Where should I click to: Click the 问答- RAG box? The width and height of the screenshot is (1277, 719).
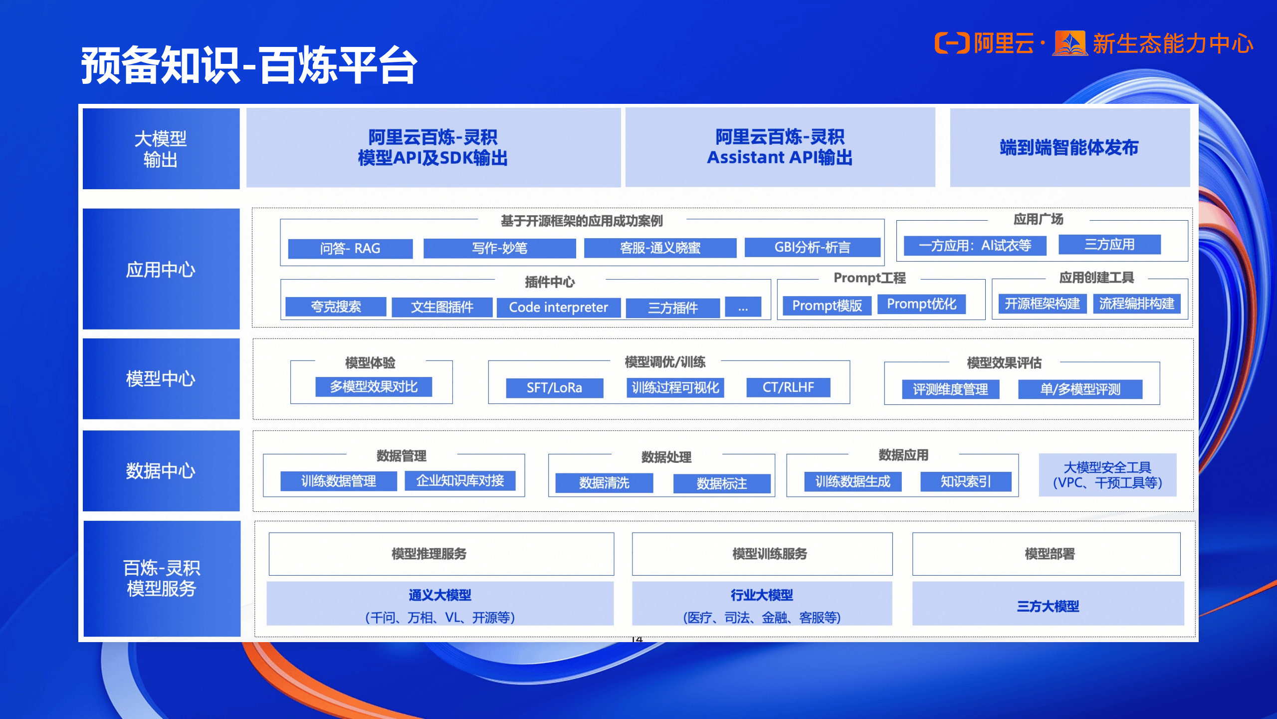pyautogui.click(x=350, y=248)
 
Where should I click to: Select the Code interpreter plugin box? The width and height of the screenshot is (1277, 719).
pyautogui.click(x=558, y=307)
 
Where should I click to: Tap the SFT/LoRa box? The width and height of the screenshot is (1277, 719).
pyautogui.click(x=554, y=387)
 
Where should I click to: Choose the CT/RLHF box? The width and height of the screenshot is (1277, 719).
pyautogui.click(x=788, y=387)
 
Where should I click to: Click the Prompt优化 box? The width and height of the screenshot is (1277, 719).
pyautogui.click(x=921, y=304)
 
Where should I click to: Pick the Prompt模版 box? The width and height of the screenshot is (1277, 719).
pyautogui.click(x=827, y=305)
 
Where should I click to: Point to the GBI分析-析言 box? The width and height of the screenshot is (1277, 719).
pyautogui.click(x=812, y=247)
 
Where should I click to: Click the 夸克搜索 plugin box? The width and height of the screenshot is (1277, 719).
pyautogui.click(x=336, y=307)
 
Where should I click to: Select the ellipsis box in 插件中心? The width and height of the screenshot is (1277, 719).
pyautogui.click(x=743, y=307)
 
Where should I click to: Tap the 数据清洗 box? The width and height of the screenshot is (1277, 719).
pyautogui.click(x=604, y=483)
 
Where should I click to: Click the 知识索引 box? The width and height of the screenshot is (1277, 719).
pyautogui.click(x=966, y=481)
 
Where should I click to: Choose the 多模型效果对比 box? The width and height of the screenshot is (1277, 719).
pyautogui.click(x=374, y=387)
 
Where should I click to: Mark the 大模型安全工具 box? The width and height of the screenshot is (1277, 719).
pyautogui.click(x=1107, y=475)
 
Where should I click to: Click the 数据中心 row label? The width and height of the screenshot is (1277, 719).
pyautogui.click(x=161, y=471)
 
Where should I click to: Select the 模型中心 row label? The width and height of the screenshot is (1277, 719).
pyautogui.click(x=161, y=378)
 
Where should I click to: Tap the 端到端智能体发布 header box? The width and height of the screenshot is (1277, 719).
pyautogui.click(x=1069, y=147)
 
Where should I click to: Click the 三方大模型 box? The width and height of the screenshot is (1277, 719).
pyautogui.click(x=1048, y=606)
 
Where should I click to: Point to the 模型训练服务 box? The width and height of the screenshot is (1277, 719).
pyautogui.click(x=769, y=554)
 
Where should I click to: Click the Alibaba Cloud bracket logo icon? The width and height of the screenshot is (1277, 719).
pyautogui.click(x=951, y=43)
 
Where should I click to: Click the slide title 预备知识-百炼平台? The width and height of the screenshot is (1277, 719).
pyautogui.click(x=249, y=65)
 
